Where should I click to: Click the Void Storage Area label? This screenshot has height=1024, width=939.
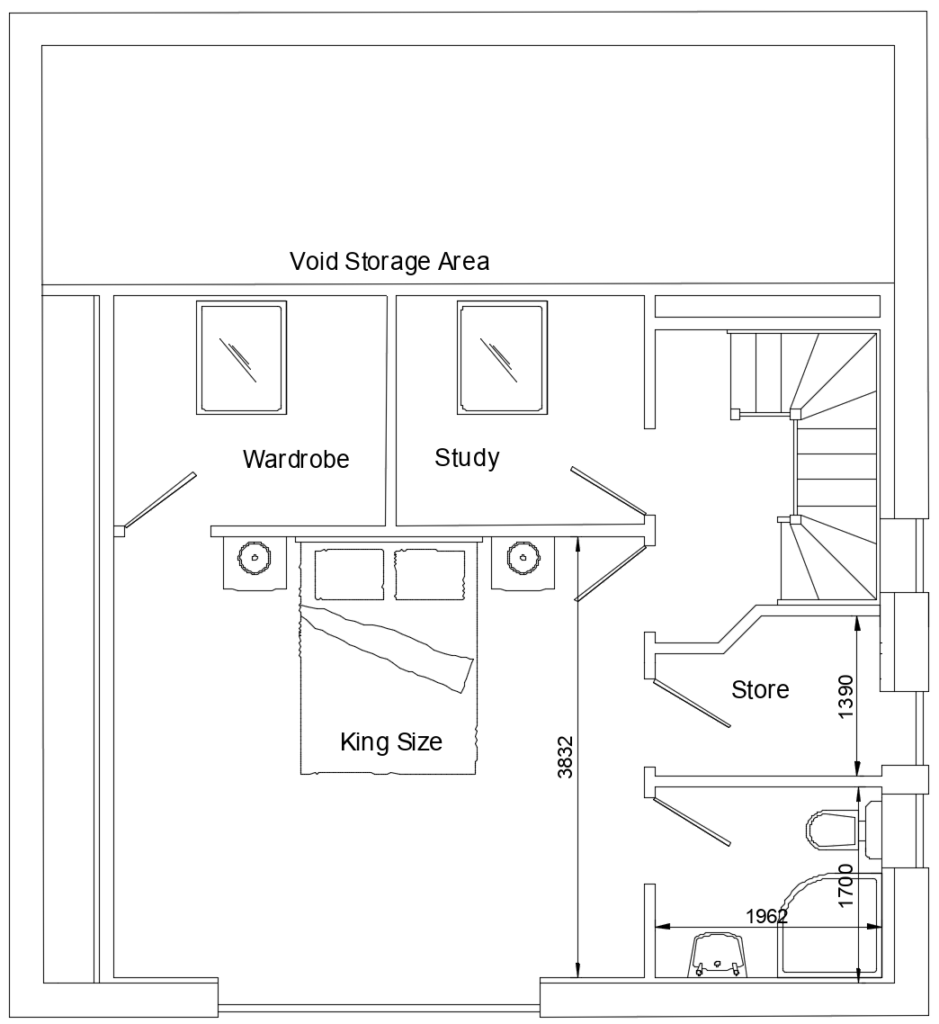click(389, 262)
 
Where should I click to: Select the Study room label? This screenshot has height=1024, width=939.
click(467, 458)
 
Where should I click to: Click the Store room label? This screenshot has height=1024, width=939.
click(760, 689)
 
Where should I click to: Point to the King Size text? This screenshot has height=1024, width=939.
click(391, 742)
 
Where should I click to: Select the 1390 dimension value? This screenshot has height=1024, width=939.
click(846, 696)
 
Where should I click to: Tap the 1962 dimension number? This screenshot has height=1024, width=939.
click(768, 915)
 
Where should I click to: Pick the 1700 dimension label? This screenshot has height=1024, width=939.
click(846, 885)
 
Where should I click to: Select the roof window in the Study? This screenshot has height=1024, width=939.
click(502, 358)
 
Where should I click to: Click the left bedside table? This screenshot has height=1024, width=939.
click(254, 562)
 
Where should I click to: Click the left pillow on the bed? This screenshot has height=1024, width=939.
click(349, 573)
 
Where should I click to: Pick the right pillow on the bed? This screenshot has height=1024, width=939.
click(431, 573)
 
